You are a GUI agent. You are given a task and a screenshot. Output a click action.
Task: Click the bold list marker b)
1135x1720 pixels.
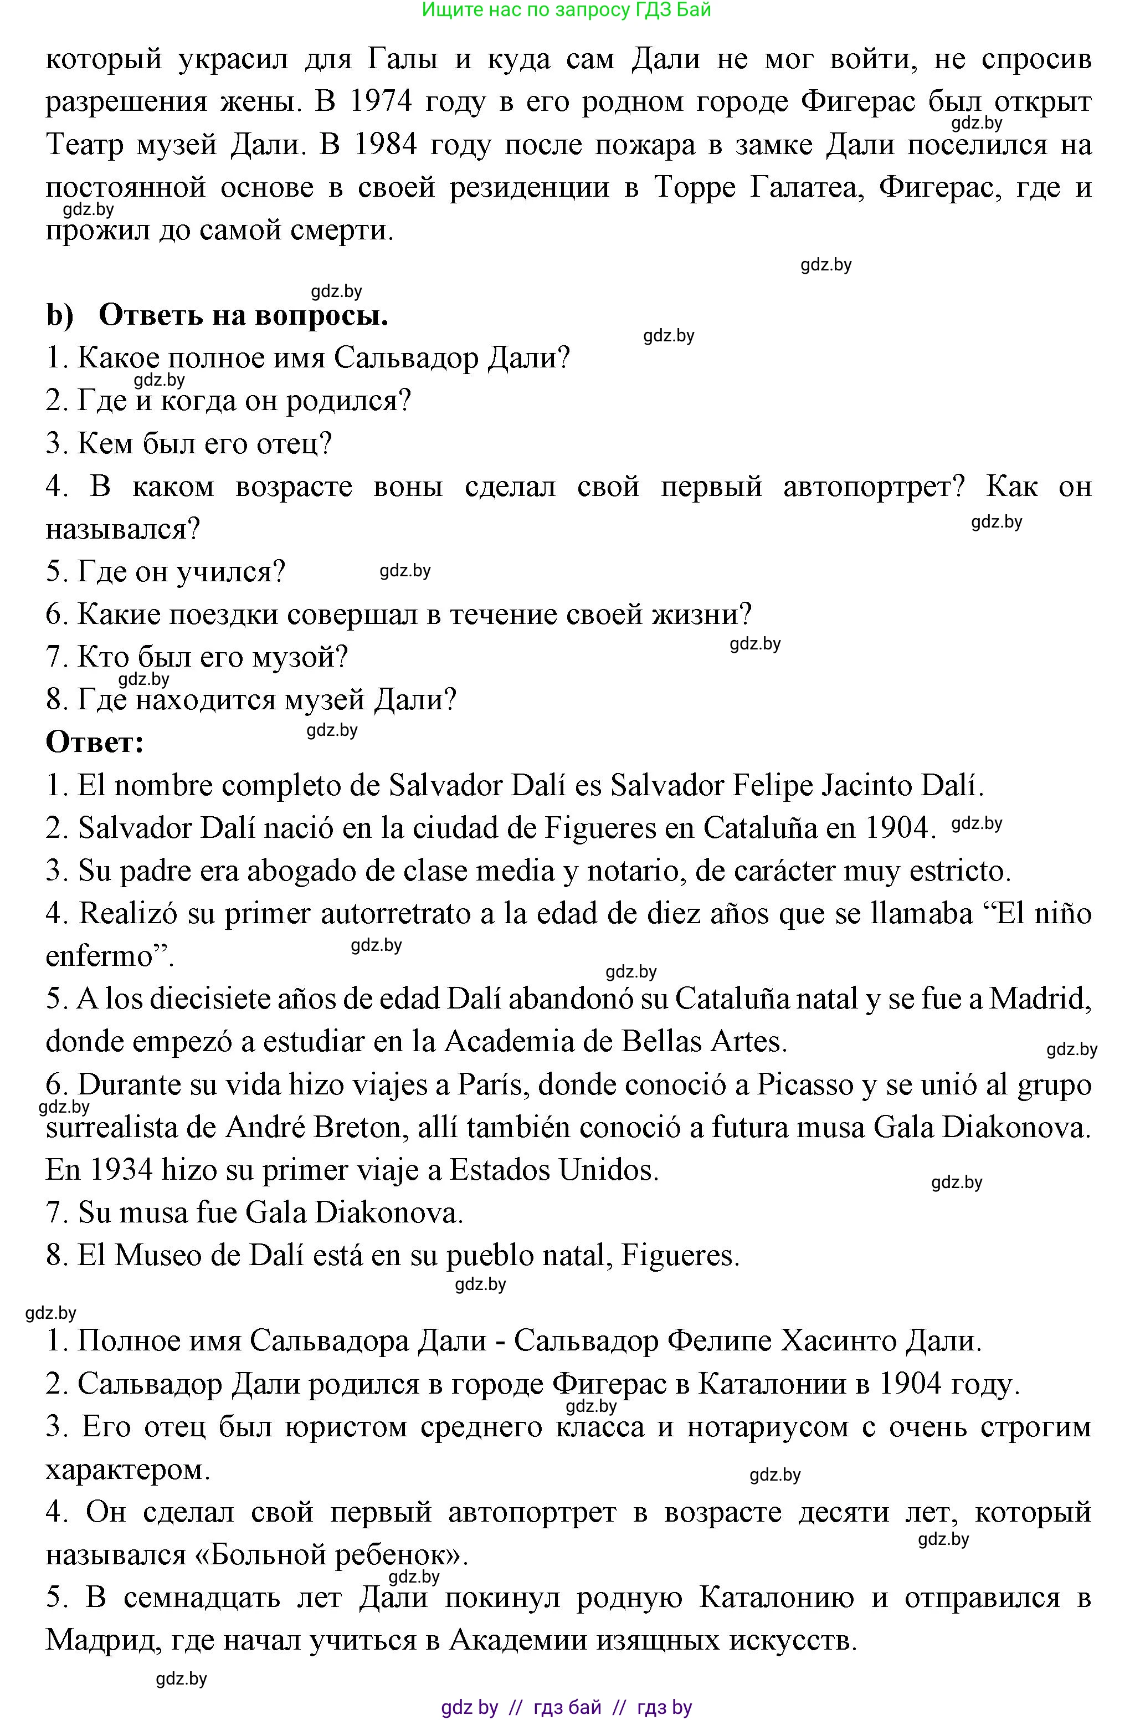coord(60,316)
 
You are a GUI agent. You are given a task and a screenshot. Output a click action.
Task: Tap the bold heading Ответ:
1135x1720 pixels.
coord(95,742)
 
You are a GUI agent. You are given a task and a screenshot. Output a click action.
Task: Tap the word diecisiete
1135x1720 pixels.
coord(196,999)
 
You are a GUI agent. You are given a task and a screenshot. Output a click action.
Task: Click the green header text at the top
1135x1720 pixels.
coord(566,9)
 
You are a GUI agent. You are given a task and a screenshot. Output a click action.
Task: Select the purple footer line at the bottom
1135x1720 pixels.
coord(566,1707)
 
